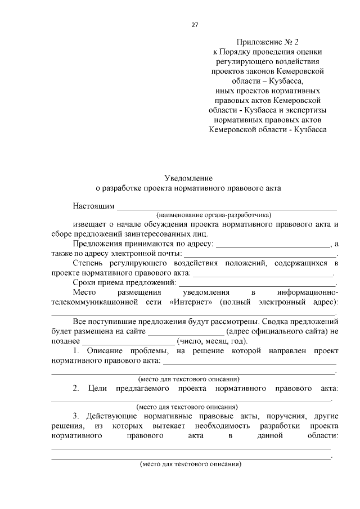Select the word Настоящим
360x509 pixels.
pyautogui.click(x=93, y=206)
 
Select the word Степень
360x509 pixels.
pyautogui.click(x=88, y=263)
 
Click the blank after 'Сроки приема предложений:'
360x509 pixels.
pyautogui.click(x=257, y=283)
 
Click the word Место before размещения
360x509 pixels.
pyautogui.click(x=85, y=292)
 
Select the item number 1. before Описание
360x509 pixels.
pyautogui.click(x=76, y=350)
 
